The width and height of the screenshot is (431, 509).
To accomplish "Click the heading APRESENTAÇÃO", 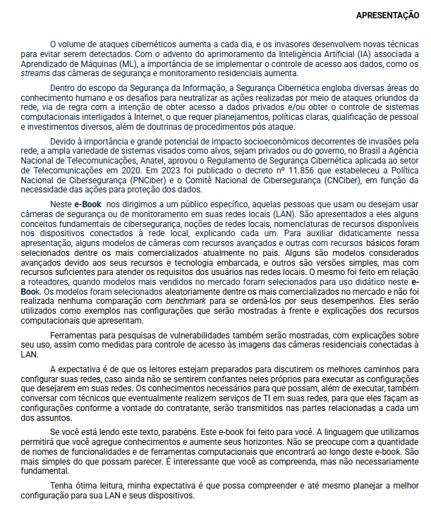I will pos(387,15).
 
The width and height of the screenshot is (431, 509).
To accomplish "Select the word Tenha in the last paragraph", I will pos(62,486).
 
